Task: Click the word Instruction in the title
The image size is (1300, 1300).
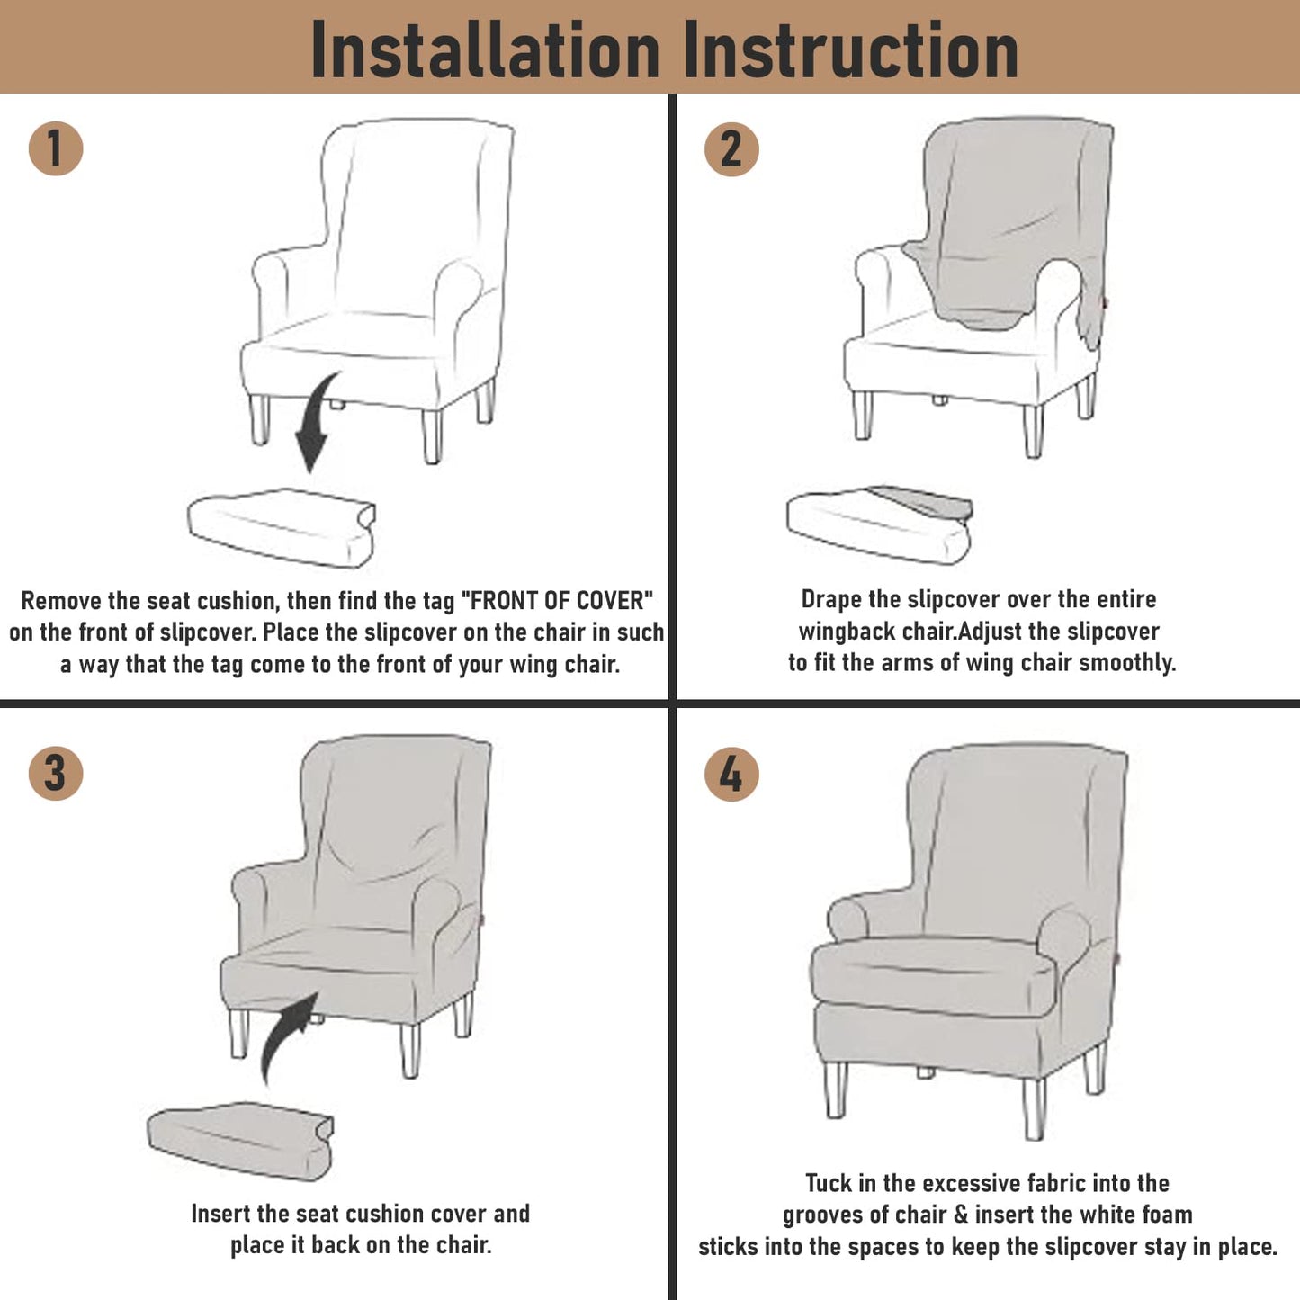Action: pyautogui.click(x=851, y=49)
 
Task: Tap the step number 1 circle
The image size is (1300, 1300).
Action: pyautogui.click(x=55, y=148)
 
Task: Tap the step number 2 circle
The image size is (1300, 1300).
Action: pyautogui.click(x=731, y=149)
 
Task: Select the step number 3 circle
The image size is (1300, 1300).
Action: pyautogui.click(x=55, y=773)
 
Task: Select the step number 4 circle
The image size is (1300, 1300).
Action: pyautogui.click(x=731, y=774)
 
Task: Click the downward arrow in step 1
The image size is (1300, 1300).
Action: pyautogui.click(x=314, y=422)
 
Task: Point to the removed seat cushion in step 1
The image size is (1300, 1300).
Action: pyautogui.click(x=282, y=527)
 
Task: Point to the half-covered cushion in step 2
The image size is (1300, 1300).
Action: pyautogui.click(x=880, y=524)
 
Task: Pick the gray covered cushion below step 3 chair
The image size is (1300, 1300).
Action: pyautogui.click(x=240, y=1141)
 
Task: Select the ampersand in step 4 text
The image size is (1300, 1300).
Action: pyautogui.click(x=961, y=1215)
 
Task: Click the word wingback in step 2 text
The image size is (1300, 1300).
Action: pyautogui.click(x=846, y=632)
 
